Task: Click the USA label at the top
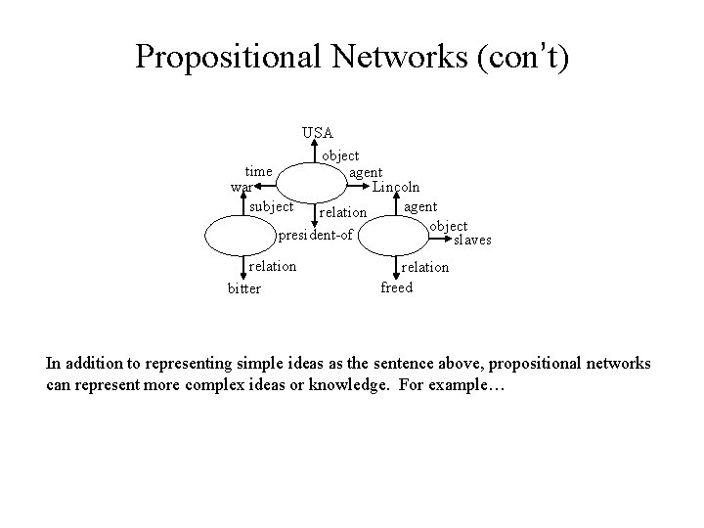[x=318, y=132]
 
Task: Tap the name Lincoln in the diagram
[x=396, y=187]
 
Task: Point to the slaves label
[x=471, y=240]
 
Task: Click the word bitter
[x=243, y=289]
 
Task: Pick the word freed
[x=396, y=287]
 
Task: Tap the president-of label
[x=315, y=236]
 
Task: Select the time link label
[x=258, y=171]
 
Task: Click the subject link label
[x=271, y=207]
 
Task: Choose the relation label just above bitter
[x=273, y=266]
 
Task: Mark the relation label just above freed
[x=425, y=267]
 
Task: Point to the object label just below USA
[x=340, y=155]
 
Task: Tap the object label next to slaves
[x=448, y=227]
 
